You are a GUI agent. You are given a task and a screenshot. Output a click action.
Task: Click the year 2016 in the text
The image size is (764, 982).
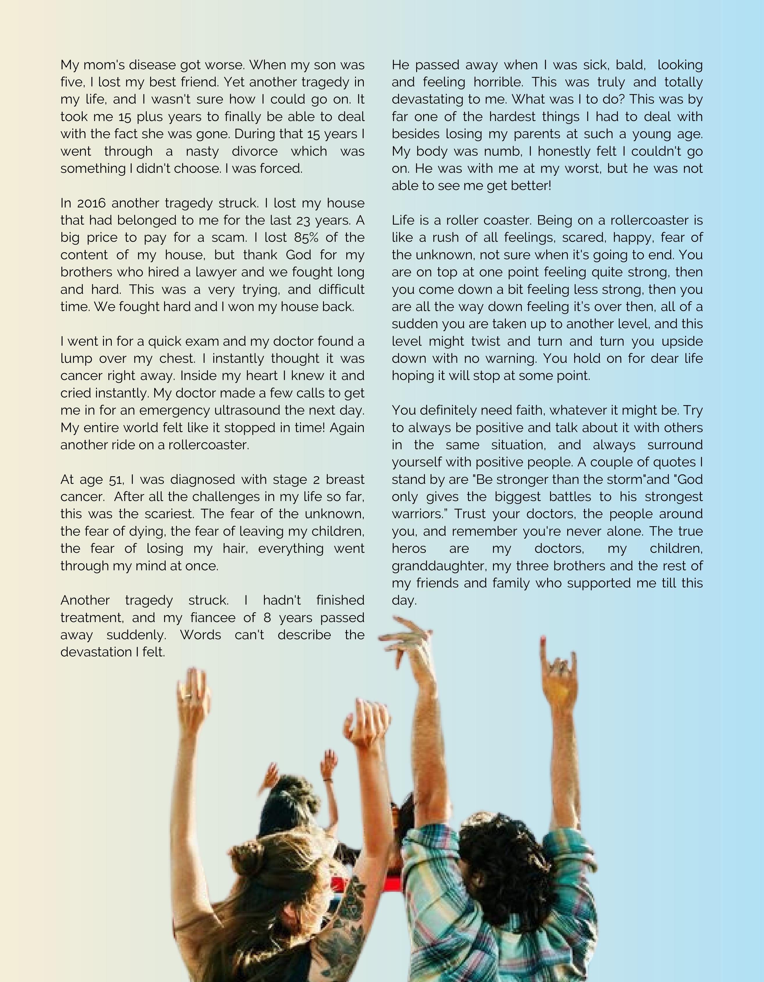pos(91,203)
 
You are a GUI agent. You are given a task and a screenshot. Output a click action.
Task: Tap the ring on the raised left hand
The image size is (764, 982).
pos(187,697)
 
